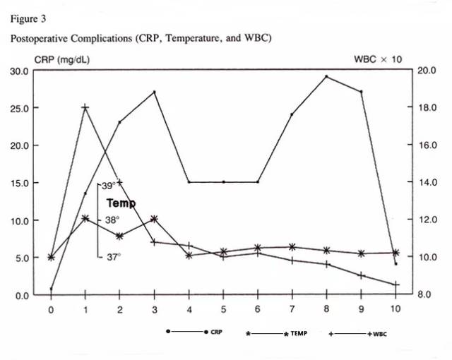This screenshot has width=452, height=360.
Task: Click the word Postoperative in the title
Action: point(37,37)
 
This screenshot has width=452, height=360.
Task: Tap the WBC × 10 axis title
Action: point(378,59)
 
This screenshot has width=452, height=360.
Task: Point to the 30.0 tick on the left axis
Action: point(20,71)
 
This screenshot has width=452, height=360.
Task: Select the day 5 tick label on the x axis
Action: point(223,309)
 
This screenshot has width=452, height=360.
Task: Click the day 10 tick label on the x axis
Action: point(395,309)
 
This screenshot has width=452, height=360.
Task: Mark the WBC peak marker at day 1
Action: point(85,107)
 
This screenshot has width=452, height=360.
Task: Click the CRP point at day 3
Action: point(154,92)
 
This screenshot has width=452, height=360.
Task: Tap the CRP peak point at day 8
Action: point(326,76)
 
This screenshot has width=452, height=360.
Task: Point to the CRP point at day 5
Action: point(223,182)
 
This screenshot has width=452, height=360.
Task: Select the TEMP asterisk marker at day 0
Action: point(51,257)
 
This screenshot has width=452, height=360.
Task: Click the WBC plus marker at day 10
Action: point(395,284)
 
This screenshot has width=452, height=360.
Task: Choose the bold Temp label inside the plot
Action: point(121,203)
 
